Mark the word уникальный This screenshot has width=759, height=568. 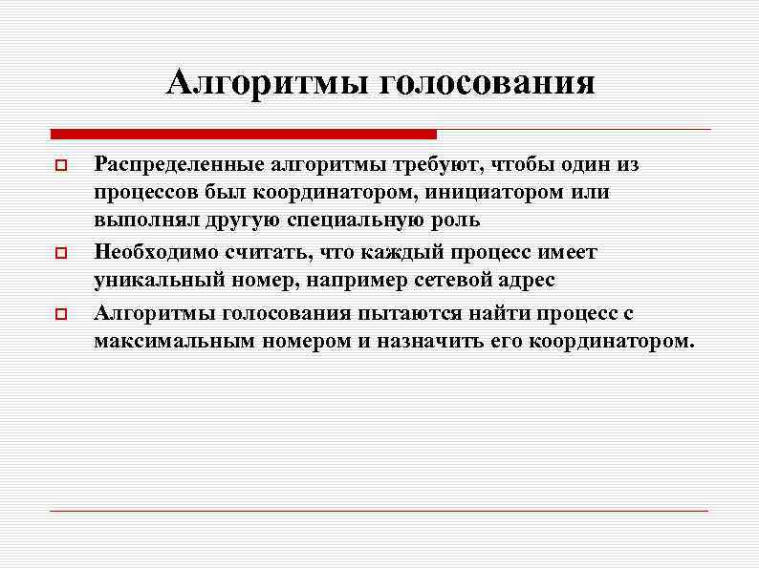click(155, 281)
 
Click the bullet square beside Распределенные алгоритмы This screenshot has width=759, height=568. click(60, 166)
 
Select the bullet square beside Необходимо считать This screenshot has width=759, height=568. click(60, 255)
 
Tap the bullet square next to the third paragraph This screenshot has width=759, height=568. click(60, 316)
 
